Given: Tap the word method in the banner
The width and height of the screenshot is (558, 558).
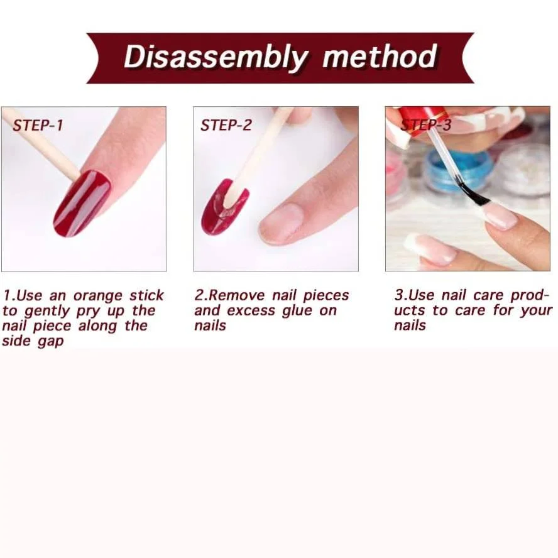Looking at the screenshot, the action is tap(380, 56).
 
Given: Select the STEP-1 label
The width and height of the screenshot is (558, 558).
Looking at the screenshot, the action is tap(38, 125).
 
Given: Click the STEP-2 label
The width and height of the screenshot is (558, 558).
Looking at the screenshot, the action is tap(226, 125).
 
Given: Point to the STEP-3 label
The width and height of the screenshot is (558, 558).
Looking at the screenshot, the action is tap(426, 124).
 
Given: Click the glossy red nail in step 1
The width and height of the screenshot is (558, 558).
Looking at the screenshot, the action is tap(82, 203).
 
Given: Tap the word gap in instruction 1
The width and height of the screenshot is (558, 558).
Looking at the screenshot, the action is tap(50, 342).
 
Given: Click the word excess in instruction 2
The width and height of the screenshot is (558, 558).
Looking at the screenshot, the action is tap(251, 311).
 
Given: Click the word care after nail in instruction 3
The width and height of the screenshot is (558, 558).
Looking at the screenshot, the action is tap(488, 295).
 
